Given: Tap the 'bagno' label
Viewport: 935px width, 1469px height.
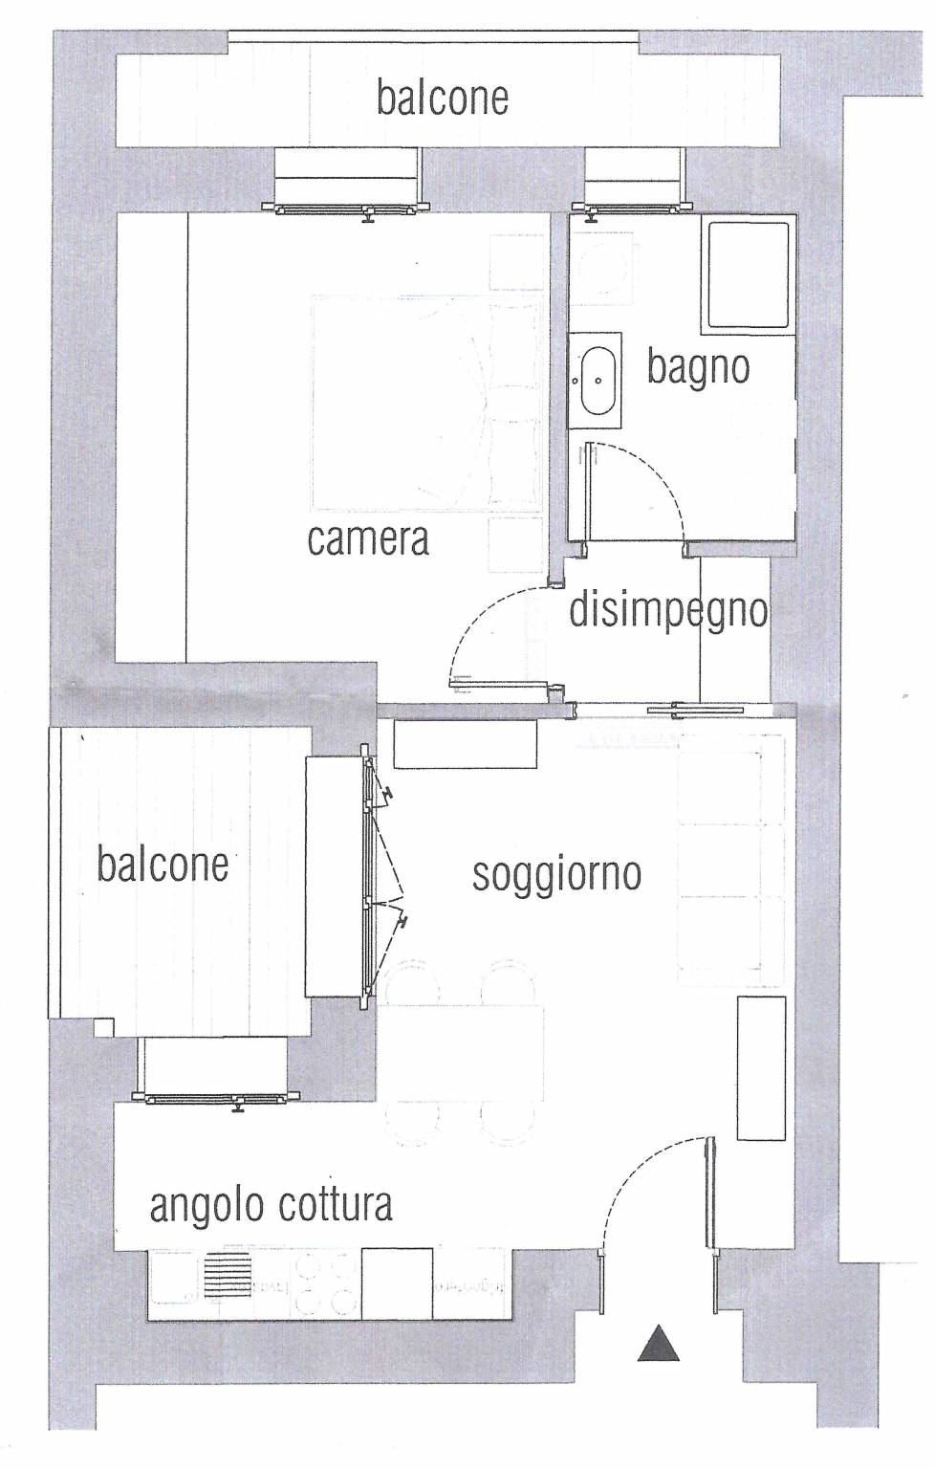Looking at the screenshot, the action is [698, 367].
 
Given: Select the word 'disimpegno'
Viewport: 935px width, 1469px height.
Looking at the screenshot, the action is [668, 611].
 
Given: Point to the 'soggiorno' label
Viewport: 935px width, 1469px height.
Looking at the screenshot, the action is [556, 875].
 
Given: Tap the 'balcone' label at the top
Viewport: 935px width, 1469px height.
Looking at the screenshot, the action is [443, 99].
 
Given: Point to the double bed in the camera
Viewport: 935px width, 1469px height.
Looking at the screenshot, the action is [427, 403].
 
